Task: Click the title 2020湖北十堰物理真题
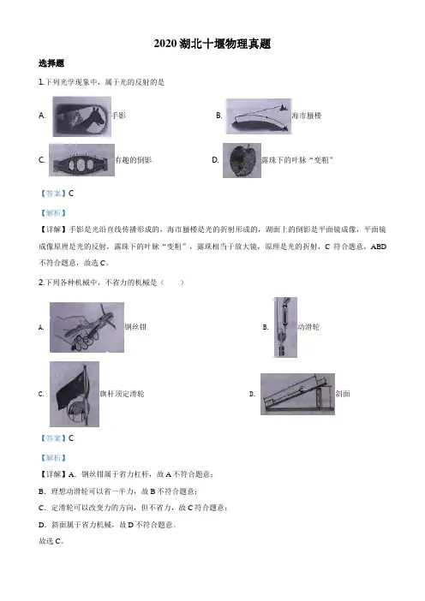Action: tap(212, 44)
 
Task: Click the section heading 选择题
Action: tap(51, 63)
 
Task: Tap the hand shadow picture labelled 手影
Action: tap(82, 116)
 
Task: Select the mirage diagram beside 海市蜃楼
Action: tap(258, 116)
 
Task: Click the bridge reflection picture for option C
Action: tap(81, 160)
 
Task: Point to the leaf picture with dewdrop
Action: tap(242, 161)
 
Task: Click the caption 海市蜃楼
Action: tap(307, 116)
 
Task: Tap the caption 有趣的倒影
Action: tap(134, 160)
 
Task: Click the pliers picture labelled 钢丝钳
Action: tap(87, 327)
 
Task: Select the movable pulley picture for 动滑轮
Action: tap(285, 327)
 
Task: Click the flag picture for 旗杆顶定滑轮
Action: tap(75, 394)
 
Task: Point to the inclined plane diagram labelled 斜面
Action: tap(297, 394)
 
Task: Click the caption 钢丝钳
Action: tap(135, 327)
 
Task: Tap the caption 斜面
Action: tap(343, 394)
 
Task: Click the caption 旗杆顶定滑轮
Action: tap(122, 394)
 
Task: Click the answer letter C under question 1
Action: tap(71, 193)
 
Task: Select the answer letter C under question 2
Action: tap(71, 438)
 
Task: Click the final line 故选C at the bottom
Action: tap(51, 541)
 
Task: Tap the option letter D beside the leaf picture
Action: tap(216, 160)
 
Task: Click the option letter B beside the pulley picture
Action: tap(266, 327)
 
